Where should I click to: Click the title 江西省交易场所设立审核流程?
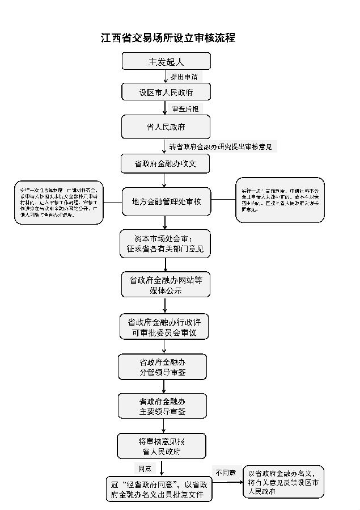coord(167,38)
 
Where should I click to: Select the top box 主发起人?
coord(166,61)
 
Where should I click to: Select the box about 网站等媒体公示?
coord(165,285)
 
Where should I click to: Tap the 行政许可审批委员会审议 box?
coord(165,327)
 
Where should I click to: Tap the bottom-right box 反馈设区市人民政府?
coord(283,482)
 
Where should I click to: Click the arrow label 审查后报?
coord(185,108)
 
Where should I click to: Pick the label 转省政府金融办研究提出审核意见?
coord(221,147)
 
